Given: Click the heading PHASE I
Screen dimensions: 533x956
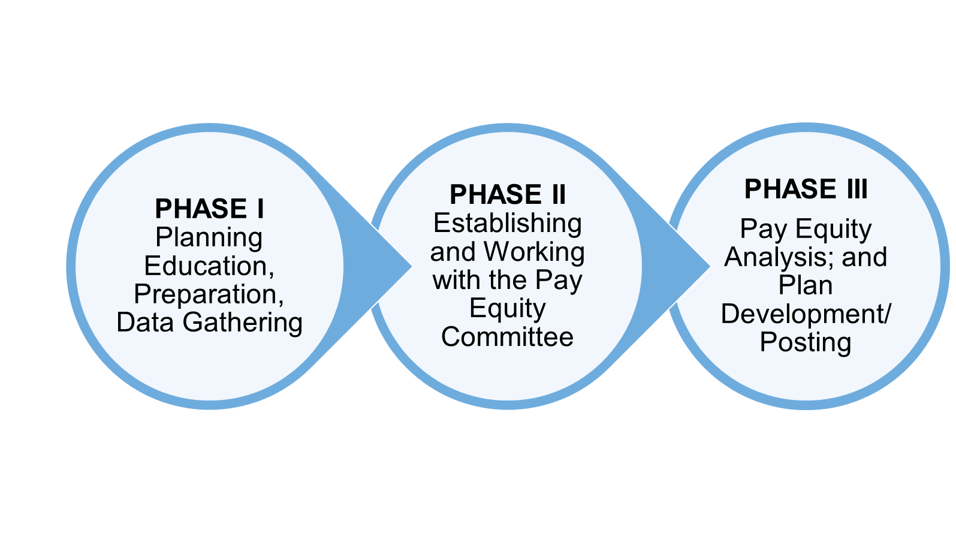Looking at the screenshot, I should point(209,209).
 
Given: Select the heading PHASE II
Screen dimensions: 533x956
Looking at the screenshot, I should point(507,194).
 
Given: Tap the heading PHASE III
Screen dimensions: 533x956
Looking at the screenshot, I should point(806,189).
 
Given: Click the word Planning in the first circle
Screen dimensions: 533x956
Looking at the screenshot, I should point(209,238).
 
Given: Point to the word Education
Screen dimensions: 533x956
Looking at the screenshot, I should point(207,266).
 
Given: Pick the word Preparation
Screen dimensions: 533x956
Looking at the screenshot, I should point(207,294).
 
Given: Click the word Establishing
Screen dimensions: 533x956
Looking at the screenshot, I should point(507,224).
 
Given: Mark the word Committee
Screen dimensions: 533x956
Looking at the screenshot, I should point(507,337).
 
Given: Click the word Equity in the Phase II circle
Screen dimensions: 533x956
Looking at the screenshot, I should point(507,309).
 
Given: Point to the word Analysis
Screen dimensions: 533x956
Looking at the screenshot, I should point(778,258).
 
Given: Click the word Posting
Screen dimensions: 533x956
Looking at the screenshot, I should point(806,343).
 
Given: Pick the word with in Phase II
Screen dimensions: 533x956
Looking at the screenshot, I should point(455,280).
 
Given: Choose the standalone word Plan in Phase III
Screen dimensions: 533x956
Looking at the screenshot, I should point(806,285).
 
